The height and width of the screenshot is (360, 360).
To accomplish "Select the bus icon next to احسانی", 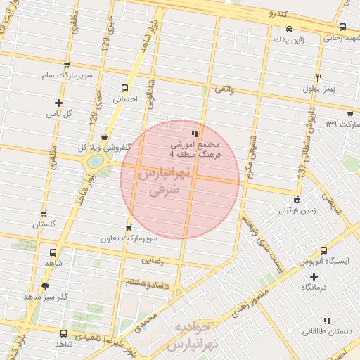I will coord(125,88).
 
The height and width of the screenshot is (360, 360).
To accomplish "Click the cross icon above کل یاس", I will coord(58,103).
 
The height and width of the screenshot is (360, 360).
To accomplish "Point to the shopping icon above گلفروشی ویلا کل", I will coord(105,136).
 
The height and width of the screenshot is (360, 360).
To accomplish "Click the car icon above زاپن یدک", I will coord(289,30).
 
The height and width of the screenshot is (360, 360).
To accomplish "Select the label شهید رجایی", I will coord(341,39).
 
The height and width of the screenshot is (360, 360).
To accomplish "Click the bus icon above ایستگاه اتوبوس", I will coord(323,250).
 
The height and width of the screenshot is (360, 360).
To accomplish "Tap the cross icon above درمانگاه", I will coord(314,276).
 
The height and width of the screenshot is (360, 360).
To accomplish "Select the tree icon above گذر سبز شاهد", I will coord(46,285).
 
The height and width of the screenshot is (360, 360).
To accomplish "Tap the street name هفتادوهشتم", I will coord(147,281).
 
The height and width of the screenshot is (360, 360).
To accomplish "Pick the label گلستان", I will coord(44,225).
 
